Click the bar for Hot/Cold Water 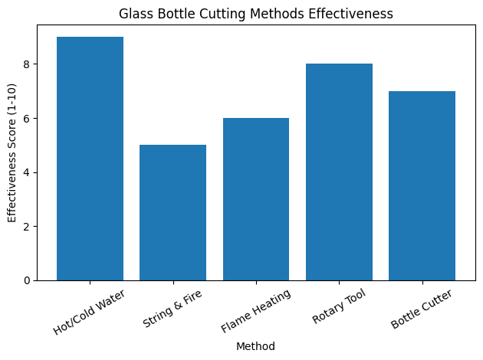click(x=90, y=159)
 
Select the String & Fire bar click(x=172, y=212)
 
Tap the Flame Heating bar click(x=256, y=199)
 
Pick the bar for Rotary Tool click(x=339, y=172)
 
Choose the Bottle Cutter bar click(x=422, y=185)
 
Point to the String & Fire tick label click(x=174, y=308)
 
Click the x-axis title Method click(x=256, y=346)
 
